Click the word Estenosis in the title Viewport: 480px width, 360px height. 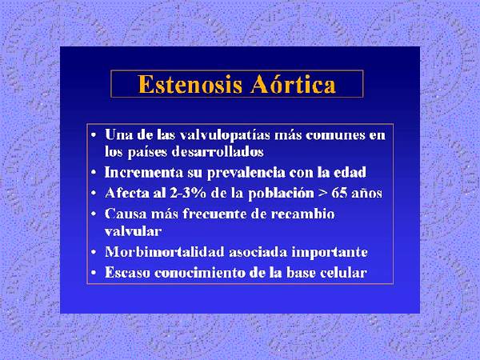[190, 84]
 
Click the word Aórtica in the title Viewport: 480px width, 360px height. [294, 83]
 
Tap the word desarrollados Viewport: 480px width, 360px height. [218, 151]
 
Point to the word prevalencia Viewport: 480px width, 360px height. [246, 173]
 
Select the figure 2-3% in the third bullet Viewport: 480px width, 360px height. [188, 193]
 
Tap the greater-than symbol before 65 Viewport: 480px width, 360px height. [322, 194]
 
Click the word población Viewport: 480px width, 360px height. [281, 194]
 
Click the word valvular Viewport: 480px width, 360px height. [133, 231]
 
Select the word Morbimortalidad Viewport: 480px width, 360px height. [165, 252]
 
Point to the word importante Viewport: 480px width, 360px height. [330, 253]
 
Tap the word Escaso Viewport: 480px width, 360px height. [127, 273]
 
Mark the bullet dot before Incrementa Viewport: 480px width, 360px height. [94, 174]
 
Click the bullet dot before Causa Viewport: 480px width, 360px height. [94, 214]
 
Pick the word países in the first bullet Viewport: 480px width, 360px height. [147, 152]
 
